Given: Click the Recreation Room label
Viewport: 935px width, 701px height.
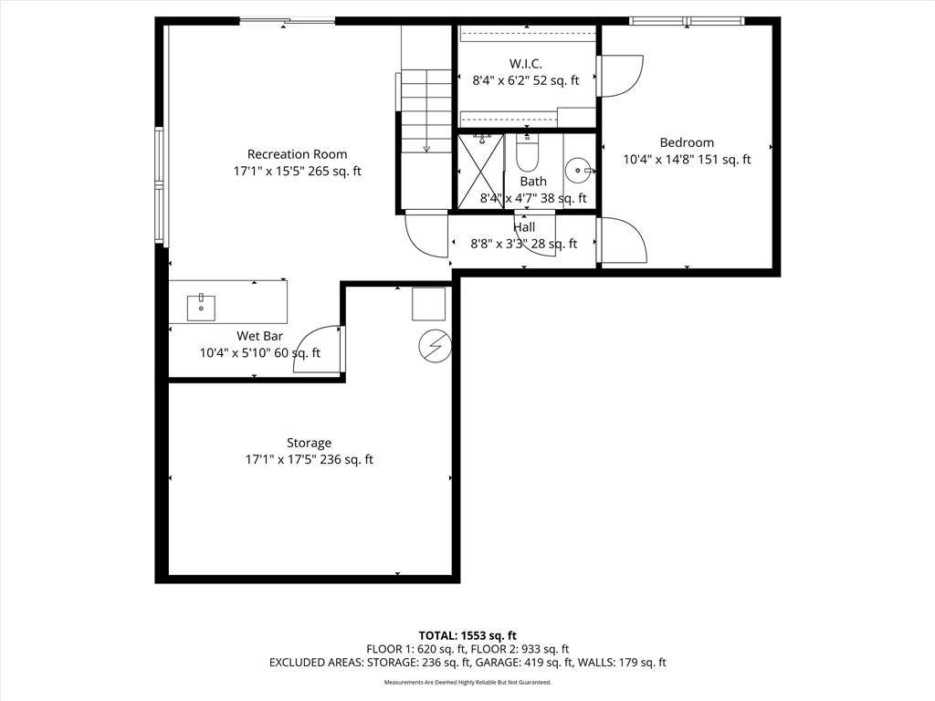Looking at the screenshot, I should tap(297, 154).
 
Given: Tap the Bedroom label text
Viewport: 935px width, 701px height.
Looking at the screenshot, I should tap(687, 142).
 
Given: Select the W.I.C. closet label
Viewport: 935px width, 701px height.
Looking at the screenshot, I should tap(525, 64).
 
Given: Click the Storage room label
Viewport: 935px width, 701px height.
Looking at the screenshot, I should tap(309, 443).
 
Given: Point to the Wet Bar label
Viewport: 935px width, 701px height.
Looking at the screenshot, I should tap(259, 336).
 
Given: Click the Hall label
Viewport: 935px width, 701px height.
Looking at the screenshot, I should tap(524, 227).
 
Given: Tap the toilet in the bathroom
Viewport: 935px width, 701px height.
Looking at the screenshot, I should tap(527, 155).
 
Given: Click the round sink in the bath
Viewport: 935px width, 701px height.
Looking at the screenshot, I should tap(577, 170).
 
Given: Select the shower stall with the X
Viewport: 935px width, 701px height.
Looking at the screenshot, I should tap(480, 171).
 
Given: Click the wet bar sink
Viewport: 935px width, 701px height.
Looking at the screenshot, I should tap(201, 308).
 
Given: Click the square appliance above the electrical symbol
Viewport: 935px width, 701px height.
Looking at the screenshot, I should tap(428, 303).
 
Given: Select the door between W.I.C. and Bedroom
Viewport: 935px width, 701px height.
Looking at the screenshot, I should tap(621, 76).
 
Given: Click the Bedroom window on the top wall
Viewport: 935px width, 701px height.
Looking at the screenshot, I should tap(687, 21).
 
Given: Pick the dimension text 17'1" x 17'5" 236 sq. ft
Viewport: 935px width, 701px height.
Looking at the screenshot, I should tap(309, 460).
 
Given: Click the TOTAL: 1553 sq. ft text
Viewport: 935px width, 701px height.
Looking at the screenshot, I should tap(467, 635).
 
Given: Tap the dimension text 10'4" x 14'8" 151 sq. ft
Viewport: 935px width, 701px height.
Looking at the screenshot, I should tap(687, 160).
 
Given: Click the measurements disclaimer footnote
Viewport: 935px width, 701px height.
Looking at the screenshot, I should tap(467, 682).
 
